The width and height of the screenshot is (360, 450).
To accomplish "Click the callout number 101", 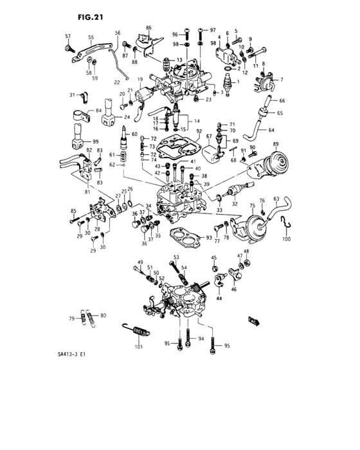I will [x=138, y=348].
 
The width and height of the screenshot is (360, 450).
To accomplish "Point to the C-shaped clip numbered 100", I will [x=287, y=225].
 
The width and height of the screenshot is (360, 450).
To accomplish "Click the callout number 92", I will [x=199, y=131].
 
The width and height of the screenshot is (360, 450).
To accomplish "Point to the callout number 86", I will [x=148, y=28].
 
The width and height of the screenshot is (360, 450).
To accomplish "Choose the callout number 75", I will [x=253, y=206].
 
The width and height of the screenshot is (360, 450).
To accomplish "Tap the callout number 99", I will [x=95, y=141].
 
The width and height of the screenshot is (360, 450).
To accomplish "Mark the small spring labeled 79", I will [x=83, y=317].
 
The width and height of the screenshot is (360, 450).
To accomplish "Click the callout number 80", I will [x=103, y=315].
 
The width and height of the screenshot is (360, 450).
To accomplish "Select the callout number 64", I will [x=271, y=130].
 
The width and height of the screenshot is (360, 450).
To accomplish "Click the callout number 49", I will [x=139, y=262].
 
